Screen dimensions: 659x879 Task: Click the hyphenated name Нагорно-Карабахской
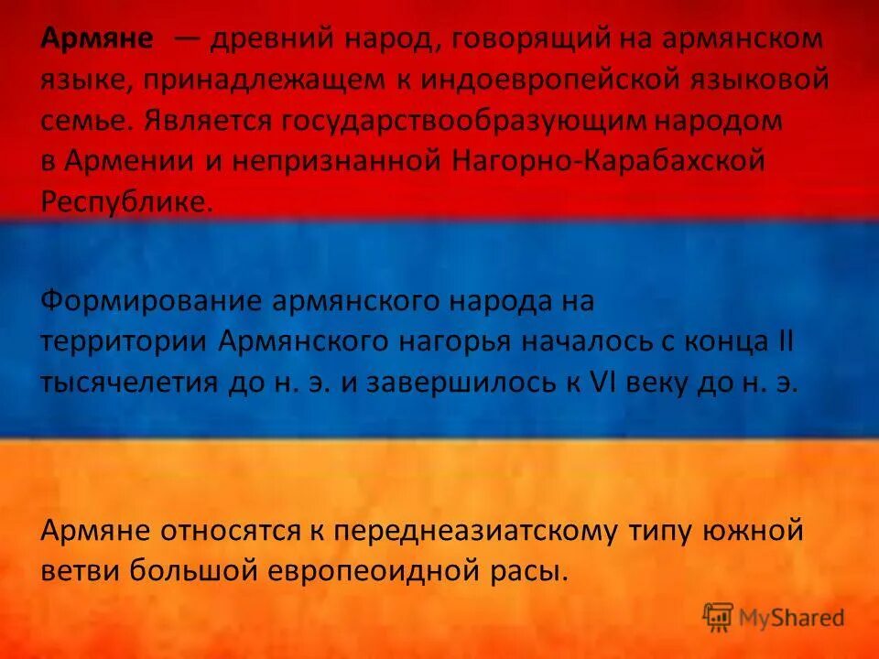pos(607,161)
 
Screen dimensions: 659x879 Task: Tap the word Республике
pos(126,201)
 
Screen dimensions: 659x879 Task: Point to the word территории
pos(125,341)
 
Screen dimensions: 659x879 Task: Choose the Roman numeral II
pos(786,341)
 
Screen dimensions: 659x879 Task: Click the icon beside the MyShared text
pos(718,618)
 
